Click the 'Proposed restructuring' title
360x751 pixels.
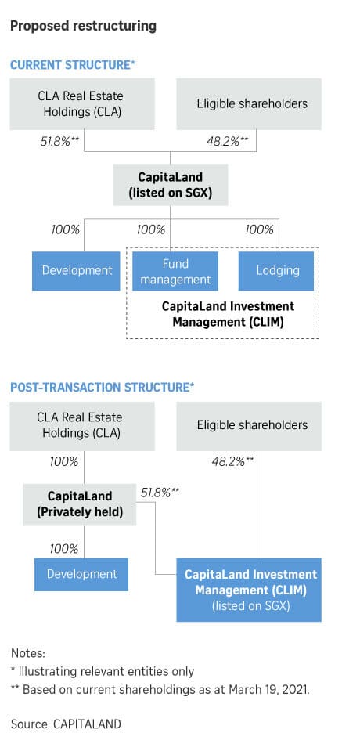tap(83, 25)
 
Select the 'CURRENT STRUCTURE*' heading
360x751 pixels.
tap(72, 65)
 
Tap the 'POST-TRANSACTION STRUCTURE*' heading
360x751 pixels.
tap(102, 388)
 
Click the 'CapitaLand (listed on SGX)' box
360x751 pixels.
tap(170, 185)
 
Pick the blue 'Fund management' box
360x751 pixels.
tap(175, 271)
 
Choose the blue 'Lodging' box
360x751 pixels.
tap(276, 271)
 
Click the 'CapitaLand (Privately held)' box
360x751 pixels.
tap(80, 505)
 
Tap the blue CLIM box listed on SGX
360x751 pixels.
tap(249, 590)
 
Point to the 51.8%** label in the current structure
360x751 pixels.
tap(59, 142)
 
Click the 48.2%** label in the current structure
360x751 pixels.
tap(228, 142)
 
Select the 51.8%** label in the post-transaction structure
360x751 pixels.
tap(160, 493)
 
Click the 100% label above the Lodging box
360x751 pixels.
tap(260, 229)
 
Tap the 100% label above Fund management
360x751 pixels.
tap(151, 229)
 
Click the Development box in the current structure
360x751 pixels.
tap(76, 271)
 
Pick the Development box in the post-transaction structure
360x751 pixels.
tap(81, 574)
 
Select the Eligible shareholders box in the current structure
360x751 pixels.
tap(249, 104)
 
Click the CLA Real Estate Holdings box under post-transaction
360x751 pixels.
tap(82, 426)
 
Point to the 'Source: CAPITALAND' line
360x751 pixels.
tap(66, 724)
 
